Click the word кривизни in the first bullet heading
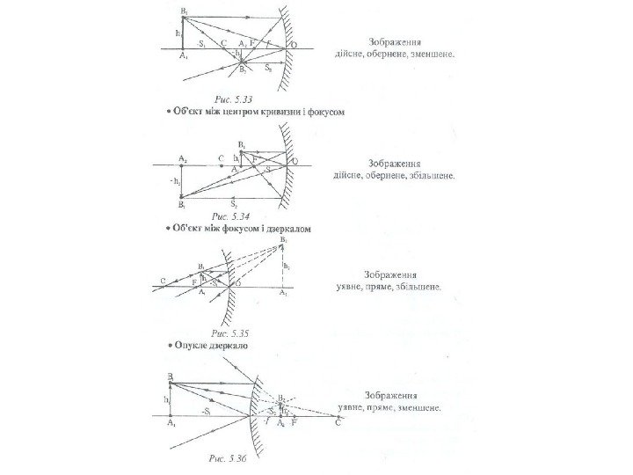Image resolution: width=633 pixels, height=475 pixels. [x=283, y=113]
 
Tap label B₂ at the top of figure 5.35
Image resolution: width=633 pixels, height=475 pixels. [x=283, y=239]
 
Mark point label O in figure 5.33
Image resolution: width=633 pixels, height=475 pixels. [x=293, y=43]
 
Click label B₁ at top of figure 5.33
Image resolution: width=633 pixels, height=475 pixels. [x=184, y=8]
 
